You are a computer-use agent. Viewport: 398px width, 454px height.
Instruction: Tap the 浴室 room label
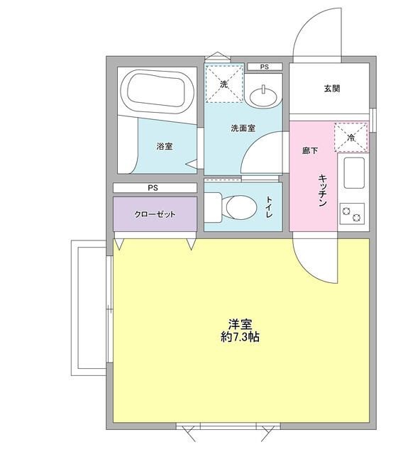165,146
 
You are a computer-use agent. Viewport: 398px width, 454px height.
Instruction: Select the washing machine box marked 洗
223,84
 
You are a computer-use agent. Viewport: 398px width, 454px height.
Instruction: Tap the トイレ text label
270,206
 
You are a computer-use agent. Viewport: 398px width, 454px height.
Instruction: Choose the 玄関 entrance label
331,89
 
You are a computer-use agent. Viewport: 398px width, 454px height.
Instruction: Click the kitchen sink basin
353,172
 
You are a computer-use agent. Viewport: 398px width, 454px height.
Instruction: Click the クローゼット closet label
155,214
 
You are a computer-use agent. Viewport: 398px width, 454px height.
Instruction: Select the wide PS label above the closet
153,188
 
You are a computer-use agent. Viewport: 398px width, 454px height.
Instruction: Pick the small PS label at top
264,67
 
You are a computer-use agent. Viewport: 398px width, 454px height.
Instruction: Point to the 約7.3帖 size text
239,338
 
